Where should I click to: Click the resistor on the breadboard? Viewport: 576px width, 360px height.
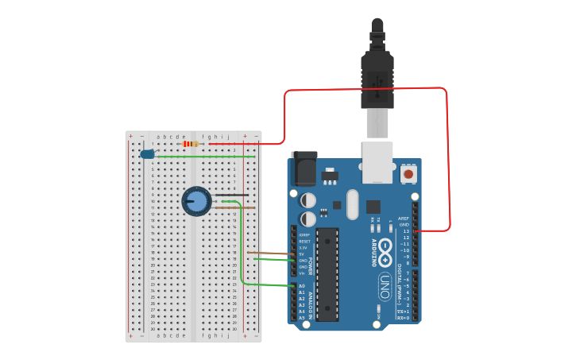click(190, 144)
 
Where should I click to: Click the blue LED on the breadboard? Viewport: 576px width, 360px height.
click(147, 154)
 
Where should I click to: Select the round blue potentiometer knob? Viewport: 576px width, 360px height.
click(196, 201)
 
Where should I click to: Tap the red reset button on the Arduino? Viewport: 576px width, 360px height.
click(408, 173)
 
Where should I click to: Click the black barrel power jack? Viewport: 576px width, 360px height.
click(303, 168)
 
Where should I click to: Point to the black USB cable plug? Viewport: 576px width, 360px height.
click(377, 75)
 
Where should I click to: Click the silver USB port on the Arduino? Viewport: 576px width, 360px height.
click(377, 159)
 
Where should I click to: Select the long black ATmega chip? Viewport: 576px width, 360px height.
click(327, 274)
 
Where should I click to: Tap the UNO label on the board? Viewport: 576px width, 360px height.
click(385, 282)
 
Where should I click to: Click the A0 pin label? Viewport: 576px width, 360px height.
click(302, 286)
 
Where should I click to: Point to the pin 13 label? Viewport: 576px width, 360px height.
click(406, 231)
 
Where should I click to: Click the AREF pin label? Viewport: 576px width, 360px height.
click(404, 219)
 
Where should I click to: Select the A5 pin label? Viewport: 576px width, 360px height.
click(302, 318)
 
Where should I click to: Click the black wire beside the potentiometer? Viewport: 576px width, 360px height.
click(232, 195)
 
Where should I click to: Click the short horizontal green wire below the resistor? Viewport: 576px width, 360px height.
click(207, 157)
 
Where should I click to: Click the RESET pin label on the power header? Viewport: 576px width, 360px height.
click(304, 242)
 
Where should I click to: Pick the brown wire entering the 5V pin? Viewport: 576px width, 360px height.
click(270, 254)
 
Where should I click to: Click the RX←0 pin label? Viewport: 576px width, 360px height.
click(403, 318)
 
